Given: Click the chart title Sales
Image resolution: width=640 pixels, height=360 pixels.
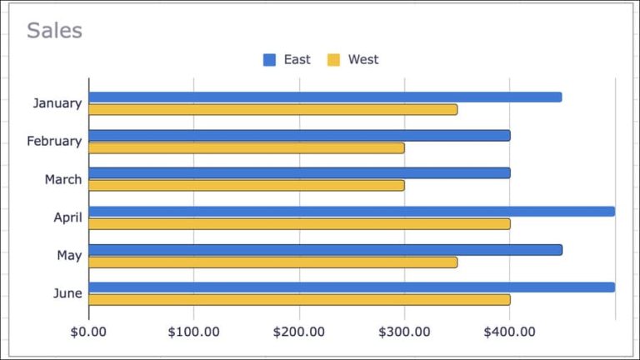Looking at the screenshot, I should (54, 31).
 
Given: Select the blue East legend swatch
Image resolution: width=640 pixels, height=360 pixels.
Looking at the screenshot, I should (269, 60).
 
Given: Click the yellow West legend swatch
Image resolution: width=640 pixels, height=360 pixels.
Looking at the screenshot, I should (333, 60).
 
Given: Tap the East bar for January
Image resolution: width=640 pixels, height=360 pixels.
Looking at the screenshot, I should (325, 97).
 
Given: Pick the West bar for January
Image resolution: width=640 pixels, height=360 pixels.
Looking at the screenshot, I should (272, 109).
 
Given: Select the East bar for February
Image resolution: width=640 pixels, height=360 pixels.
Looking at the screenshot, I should (299, 135).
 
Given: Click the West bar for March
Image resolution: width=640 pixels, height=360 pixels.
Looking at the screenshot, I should (246, 186).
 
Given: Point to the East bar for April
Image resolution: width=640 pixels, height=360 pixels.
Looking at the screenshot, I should (351, 211).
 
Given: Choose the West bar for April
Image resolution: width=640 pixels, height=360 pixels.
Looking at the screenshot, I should (299, 223).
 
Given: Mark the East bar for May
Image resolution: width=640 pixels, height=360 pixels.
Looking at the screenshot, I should (325, 249).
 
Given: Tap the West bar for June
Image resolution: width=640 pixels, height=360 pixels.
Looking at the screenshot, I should (299, 299).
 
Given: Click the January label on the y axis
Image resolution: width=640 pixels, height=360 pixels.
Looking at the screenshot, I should (57, 103).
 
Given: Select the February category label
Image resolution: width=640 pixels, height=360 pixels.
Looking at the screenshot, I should (54, 142).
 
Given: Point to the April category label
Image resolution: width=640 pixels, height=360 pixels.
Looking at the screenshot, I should (67, 217).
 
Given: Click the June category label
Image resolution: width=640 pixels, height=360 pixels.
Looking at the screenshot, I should (67, 293).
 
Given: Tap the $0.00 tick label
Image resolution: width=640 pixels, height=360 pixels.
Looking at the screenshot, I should (88, 332).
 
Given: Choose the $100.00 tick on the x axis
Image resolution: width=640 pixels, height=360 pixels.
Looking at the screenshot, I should (193, 332).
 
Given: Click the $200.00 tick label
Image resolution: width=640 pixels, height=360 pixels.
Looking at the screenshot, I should (299, 332).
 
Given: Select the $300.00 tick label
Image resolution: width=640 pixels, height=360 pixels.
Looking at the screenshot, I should (404, 332).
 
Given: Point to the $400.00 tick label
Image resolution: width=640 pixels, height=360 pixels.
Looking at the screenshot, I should (509, 332).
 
